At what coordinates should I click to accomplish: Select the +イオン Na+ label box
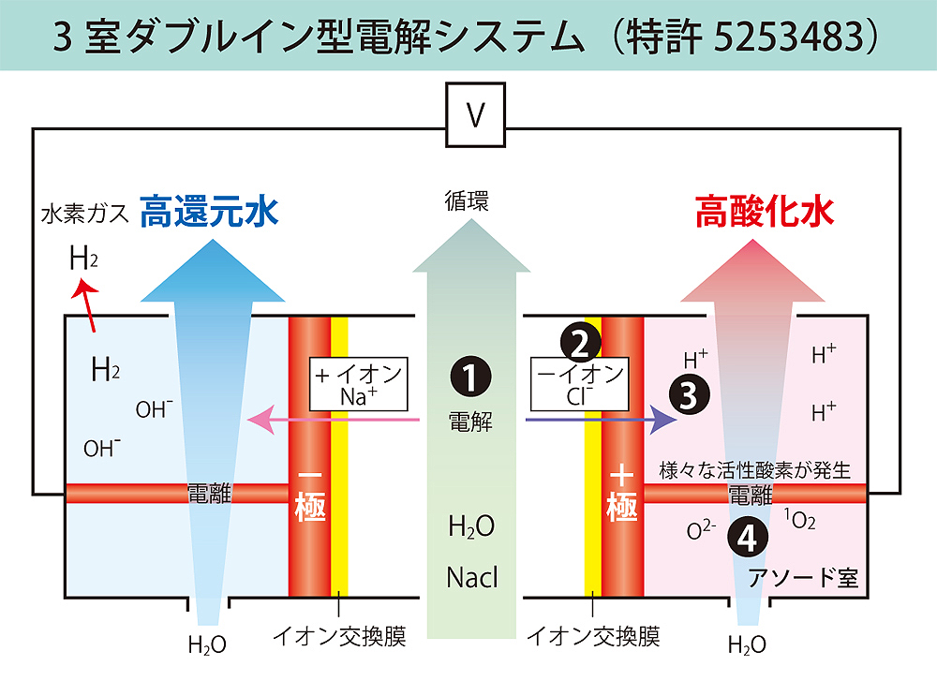[360, 384]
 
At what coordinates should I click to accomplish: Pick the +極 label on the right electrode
[621, 493]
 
